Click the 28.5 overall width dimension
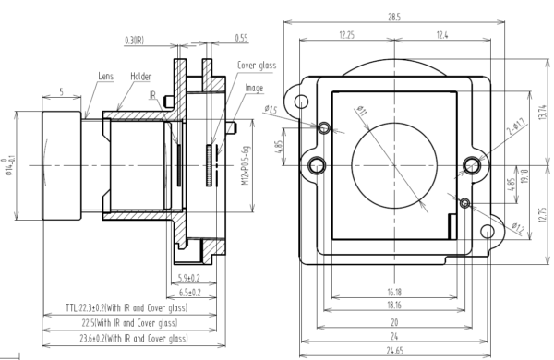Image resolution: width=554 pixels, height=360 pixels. click(x=393, y=17)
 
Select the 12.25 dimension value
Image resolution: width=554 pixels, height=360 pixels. click(x=347, y=34)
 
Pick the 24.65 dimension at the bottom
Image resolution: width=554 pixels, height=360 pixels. click(x=394, y=351)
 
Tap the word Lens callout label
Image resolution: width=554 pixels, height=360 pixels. click(x=105, y=77)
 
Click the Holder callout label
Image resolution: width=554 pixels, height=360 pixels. click(x=140, y=77)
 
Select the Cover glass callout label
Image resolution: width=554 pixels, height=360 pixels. click(x=258, y=66)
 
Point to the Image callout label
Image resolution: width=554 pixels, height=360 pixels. click(x=254, y=88)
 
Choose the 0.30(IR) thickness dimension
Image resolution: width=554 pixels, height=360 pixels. click(x=134, y=40)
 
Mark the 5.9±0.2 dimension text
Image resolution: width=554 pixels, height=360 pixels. click(x=190, y=276)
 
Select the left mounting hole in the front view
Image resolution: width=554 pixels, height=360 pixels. click(x=317, y=165)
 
